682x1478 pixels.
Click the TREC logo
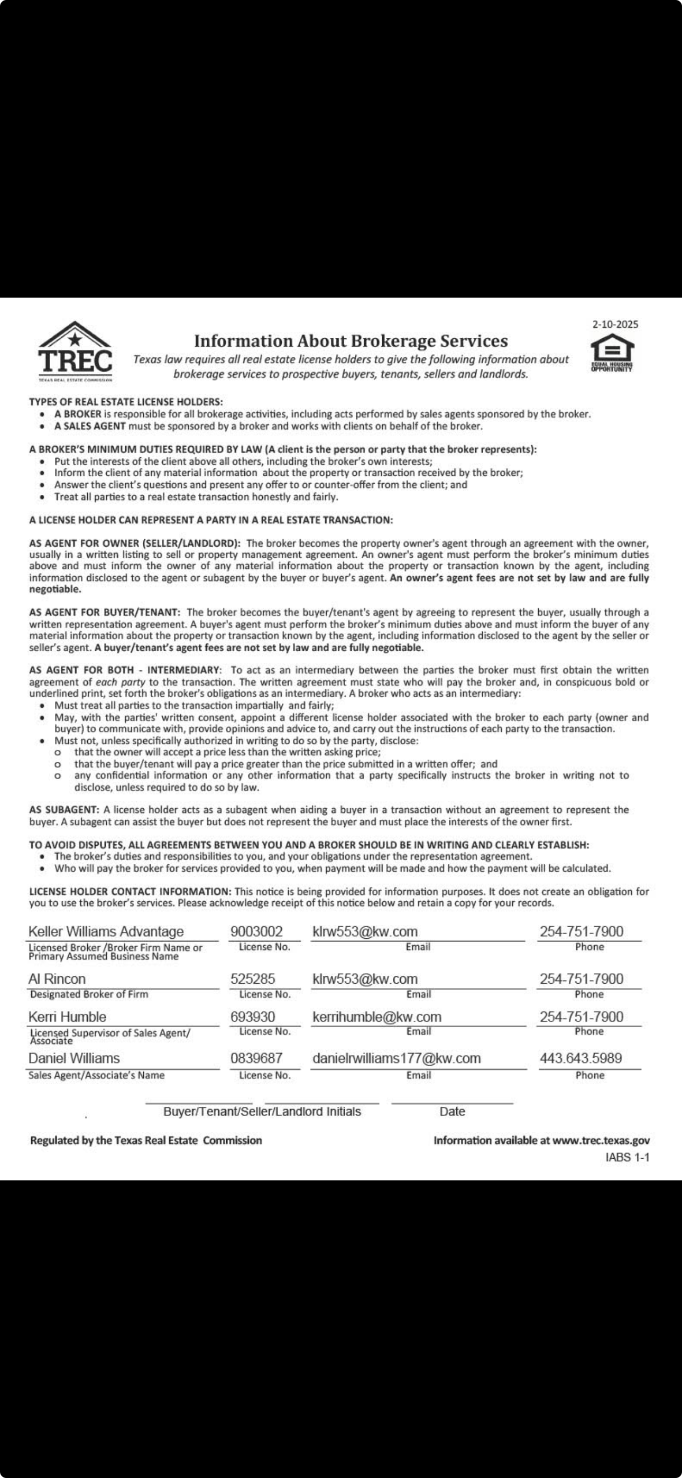click(75, 352)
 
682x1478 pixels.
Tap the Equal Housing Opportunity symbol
click(612, 353)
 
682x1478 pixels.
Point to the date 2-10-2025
click(615, 324)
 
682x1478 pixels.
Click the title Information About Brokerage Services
click(351, 341)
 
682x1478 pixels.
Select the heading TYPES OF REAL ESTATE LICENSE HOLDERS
click(126, 402)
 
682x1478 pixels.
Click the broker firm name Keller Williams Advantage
click(106, 931)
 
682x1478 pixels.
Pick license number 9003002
click(256, 931)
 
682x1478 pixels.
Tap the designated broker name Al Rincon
click(57, 979)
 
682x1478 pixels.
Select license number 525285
click(253, 979)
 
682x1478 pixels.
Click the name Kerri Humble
click(67, 1017)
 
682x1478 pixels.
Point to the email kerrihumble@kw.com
click(376, 1017)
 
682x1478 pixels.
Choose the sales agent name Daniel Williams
click(74, 1058)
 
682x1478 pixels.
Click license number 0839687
click(256, 1058)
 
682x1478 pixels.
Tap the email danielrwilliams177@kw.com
click(396, 1058)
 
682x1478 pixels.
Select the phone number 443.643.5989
click(580, 1058)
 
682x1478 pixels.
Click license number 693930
click(253, 1017)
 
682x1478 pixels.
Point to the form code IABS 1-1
click(628, 1157)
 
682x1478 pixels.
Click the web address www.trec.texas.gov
click(601, 1141)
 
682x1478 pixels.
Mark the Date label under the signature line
click(452, 1111)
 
